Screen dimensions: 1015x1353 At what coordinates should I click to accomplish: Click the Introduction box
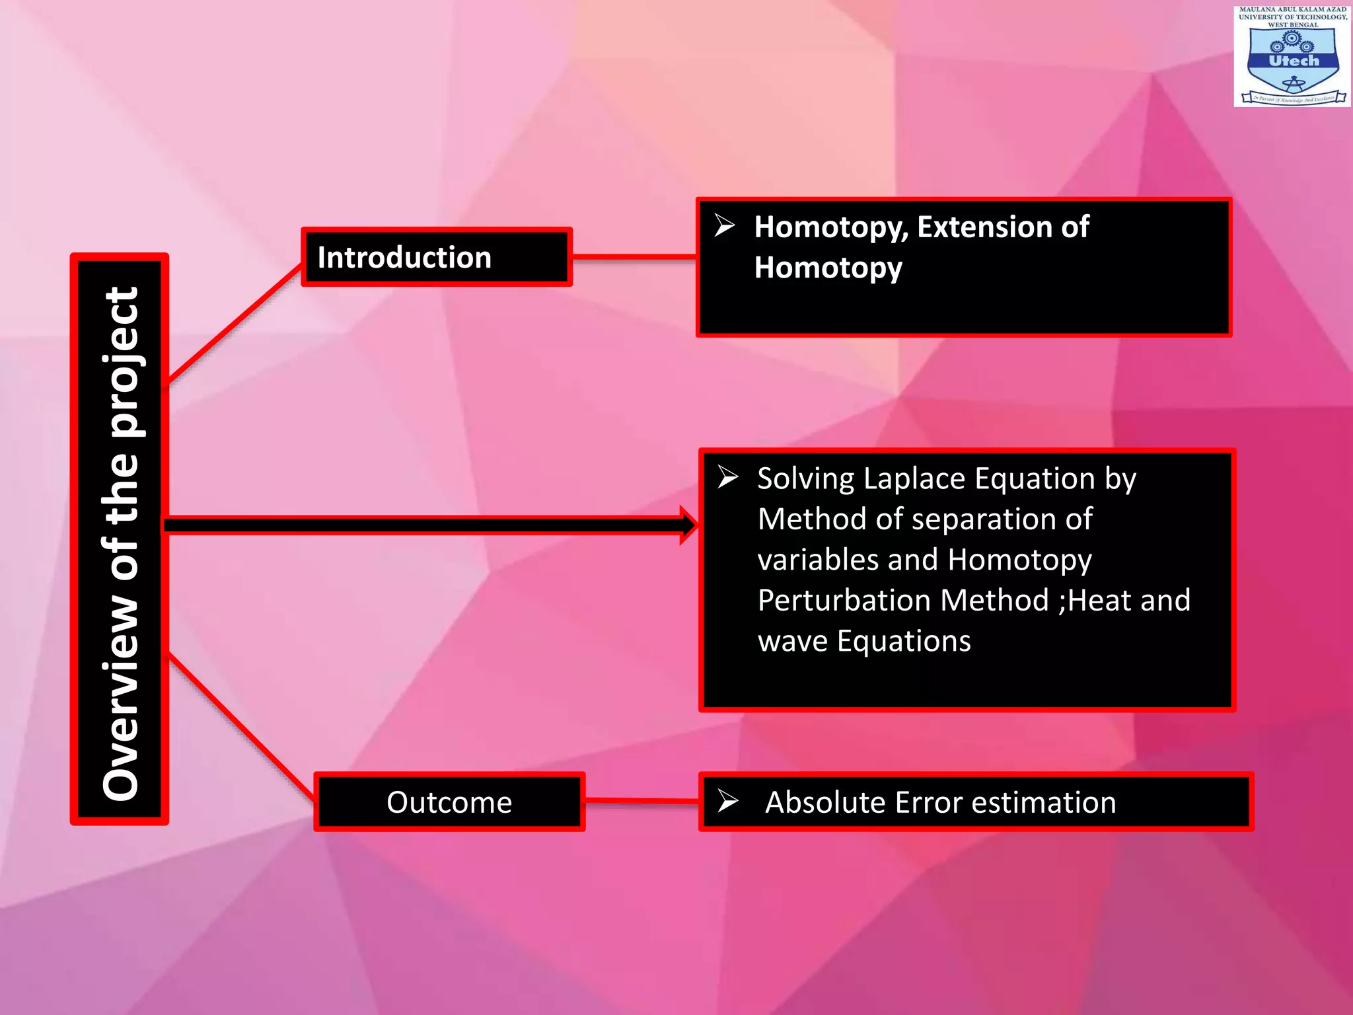pos(437,257)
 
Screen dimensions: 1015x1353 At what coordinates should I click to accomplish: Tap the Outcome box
pos(449,802)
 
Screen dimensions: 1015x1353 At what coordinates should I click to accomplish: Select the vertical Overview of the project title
pos(120,539)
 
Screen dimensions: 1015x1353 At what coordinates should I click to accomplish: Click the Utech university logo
pos(1292,56)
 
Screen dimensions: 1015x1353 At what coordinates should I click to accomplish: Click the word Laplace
pos(915,478)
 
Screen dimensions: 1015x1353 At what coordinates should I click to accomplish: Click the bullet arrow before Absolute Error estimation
pos(728,801)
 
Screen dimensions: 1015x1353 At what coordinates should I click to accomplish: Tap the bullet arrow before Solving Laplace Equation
pos(728,477)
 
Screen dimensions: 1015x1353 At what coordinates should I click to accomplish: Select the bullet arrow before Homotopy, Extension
pos(725,226)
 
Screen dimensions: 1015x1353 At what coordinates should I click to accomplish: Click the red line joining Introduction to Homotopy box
pos(634,257)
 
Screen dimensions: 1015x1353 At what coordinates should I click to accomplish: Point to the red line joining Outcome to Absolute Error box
pos(641,801)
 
